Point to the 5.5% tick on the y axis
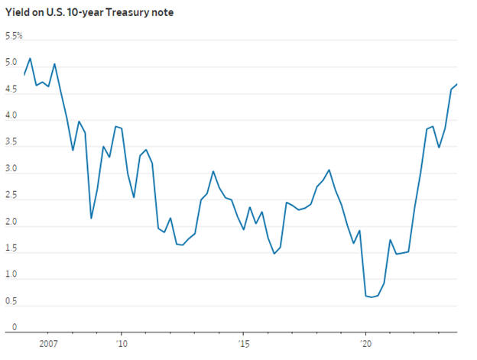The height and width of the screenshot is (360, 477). (x=14, y=36)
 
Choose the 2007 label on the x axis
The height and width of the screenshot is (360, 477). (x=47, y=344)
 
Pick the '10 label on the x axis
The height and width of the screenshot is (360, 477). (x=121, y=344)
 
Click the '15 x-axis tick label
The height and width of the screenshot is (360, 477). (x=243, y=344)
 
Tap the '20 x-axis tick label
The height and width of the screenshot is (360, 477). (x=365, y=344)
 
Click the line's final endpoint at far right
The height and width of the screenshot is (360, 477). (x=457, y=84)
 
